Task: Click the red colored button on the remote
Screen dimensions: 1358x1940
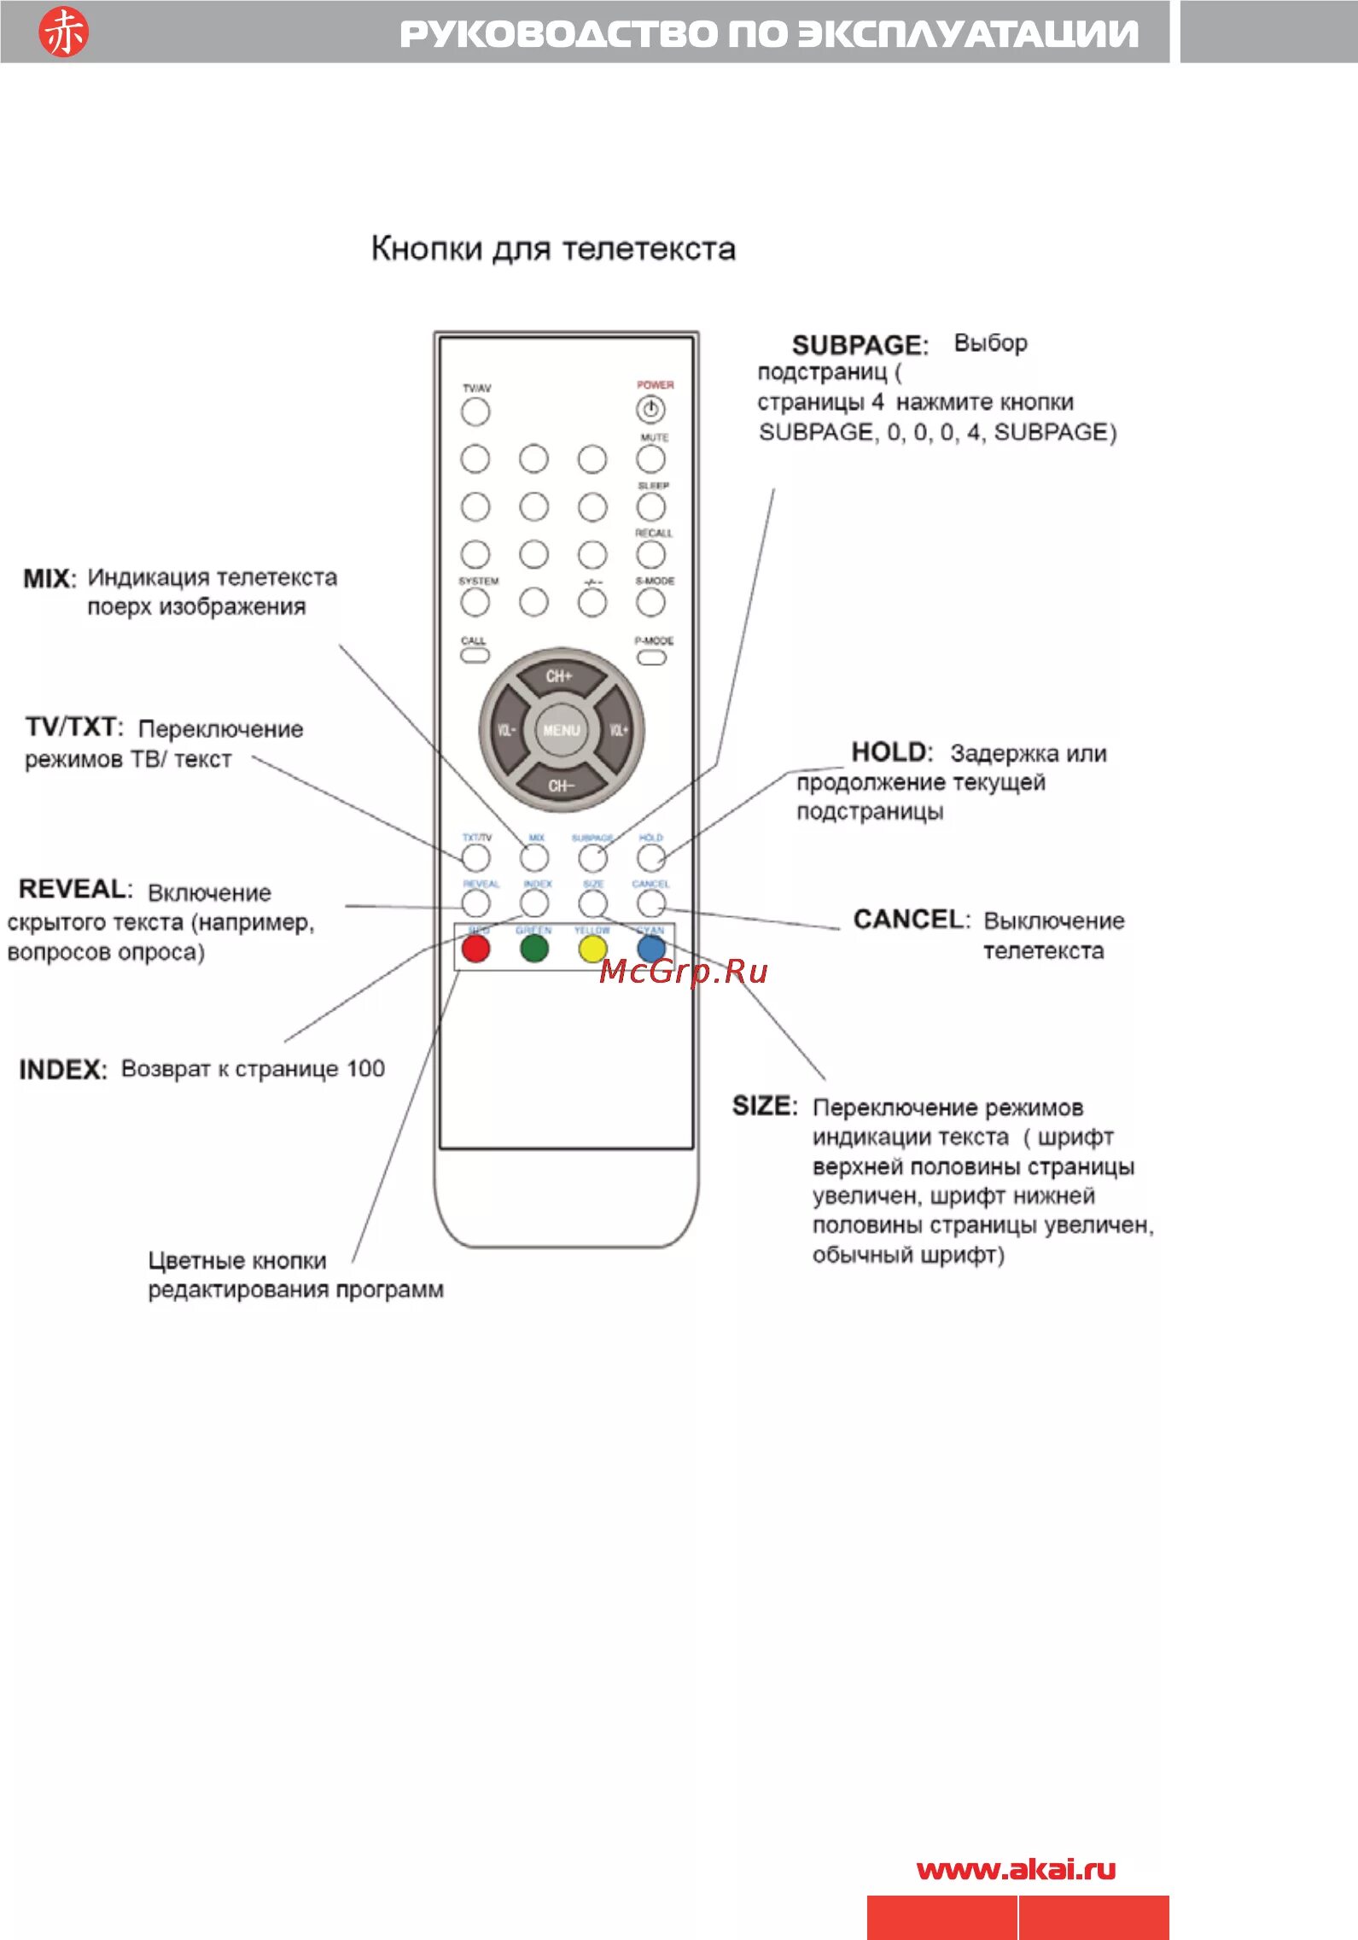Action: pos(475,949)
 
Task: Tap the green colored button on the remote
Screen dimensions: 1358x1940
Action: pos(534,949)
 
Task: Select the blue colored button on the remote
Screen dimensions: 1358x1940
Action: pos(651,949)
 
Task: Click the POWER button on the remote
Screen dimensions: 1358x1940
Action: pos(650,410)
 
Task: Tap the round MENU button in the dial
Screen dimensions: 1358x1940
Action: pos(561,730)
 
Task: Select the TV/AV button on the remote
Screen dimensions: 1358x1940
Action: pos(475,412)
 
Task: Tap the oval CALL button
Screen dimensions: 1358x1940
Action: pos(475,656)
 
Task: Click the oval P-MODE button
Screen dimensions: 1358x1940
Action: pos(651,657)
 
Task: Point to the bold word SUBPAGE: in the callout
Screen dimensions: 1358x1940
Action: pos(860,345)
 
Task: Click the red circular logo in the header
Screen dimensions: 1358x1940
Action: pos(63,32)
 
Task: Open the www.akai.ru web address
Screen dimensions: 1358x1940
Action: pos(1016,1870)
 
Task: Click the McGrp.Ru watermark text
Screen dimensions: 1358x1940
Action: pos(683,972)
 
